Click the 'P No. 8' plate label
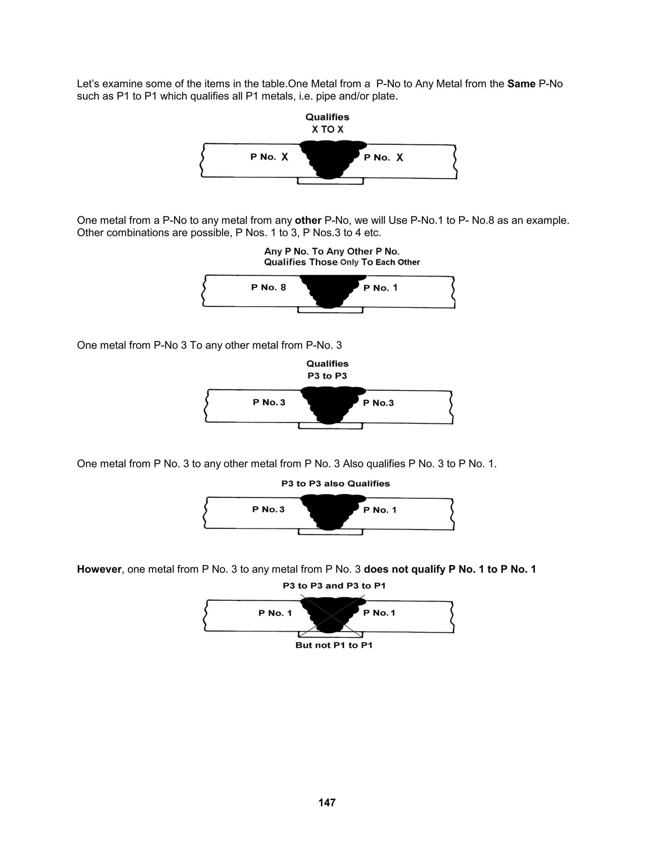point(269,287)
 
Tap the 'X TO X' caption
point(328,129)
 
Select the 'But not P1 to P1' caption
point(334,645)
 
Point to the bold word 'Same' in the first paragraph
point(521,84)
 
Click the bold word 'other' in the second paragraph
point(308,220)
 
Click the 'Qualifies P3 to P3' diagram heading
point(327,369)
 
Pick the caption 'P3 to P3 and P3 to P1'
point(334,586)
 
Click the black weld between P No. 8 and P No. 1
point(329,291)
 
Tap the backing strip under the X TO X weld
point(330,181)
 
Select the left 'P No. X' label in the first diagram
point(269,157)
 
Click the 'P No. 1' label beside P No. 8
point(380,288)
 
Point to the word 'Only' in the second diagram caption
point(349,262)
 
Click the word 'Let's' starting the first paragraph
point(89,84)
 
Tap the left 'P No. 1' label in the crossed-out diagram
point(275,613)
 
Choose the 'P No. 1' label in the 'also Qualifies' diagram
point(380,510)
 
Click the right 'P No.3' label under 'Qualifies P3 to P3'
point(378,403)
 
